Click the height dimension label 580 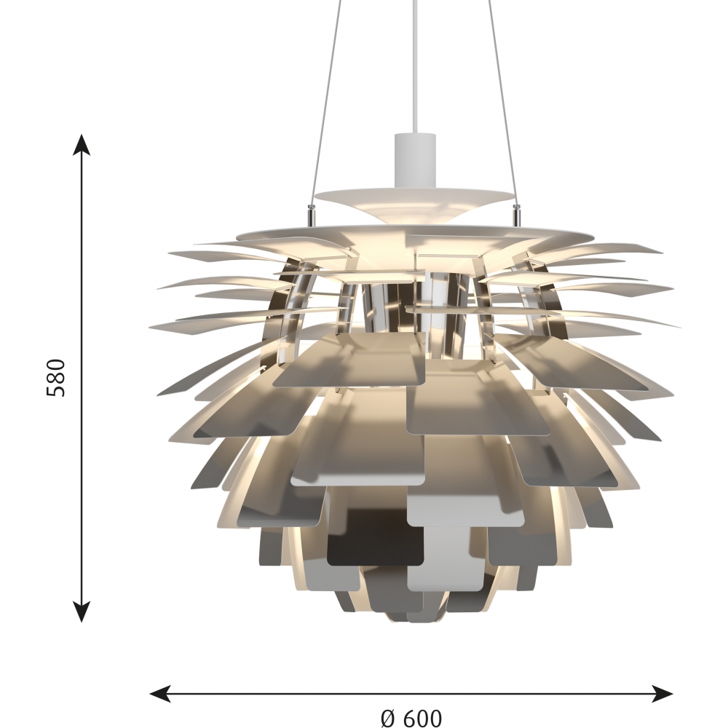[56, 377]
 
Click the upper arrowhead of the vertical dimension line [82, 144]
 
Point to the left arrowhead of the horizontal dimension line [160, 694]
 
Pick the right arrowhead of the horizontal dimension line [662, 694]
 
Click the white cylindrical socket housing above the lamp [416, 159]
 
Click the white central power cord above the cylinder [416, 67]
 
